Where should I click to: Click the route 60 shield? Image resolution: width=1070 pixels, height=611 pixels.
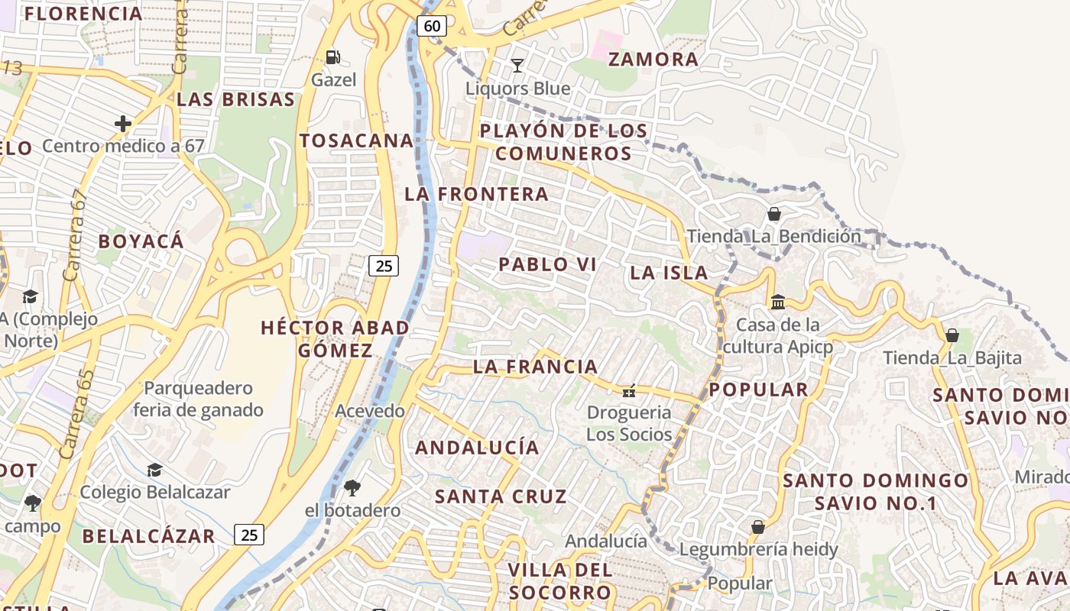[432, 26]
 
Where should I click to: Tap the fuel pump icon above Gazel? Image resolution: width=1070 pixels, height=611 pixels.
[333, 57]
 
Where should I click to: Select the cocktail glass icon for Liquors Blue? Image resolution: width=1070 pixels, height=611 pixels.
[517, 65]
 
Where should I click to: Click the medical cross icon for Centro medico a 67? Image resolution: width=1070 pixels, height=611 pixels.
[122, 123]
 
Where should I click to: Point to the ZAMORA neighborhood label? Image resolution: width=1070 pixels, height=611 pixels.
[653, 59]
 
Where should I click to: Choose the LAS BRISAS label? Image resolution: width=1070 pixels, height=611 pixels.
[235, 99]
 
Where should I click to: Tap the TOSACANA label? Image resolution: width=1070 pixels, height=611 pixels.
[356, 141]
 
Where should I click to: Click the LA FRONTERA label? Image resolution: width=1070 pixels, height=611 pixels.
[476, 194]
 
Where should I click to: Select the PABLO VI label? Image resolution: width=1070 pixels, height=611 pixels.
[547, 265]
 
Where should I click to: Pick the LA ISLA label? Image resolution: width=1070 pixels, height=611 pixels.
[669, 273]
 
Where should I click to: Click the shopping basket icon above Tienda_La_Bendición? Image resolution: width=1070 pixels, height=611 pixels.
[773, 214]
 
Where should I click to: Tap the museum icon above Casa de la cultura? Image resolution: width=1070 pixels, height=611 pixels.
[778, 302]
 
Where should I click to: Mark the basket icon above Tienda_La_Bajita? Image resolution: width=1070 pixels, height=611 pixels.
[952, 335]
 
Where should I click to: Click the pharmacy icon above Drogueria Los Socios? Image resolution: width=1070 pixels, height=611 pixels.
[628, 391]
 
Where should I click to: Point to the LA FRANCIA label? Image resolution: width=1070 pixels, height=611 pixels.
[535, 367]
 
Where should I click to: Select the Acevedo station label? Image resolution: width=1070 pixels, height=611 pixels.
[370, 411]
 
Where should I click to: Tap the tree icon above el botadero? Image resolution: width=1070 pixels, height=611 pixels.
[352, 487]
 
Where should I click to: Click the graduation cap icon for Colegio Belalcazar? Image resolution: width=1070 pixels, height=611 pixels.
[154, 469]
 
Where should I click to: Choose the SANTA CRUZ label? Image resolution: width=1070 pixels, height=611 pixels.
[501, 496]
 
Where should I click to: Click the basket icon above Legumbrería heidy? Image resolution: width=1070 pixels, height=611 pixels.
[757, 527]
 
